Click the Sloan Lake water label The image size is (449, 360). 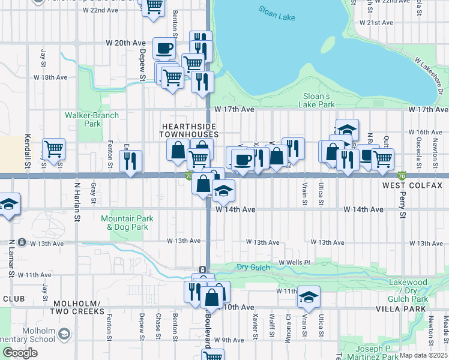coord(277,13)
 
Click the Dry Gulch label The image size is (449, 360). coord(251,267)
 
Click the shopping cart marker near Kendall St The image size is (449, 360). coord(53,148)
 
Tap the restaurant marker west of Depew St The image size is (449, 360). coord(130,160)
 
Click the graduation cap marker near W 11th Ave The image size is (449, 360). coord(309,296)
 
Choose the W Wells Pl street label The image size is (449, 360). coord(294,263)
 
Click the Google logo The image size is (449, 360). coord(20,353)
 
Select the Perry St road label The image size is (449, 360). coord(402,205)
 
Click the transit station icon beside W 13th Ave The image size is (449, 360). coord(22,242)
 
